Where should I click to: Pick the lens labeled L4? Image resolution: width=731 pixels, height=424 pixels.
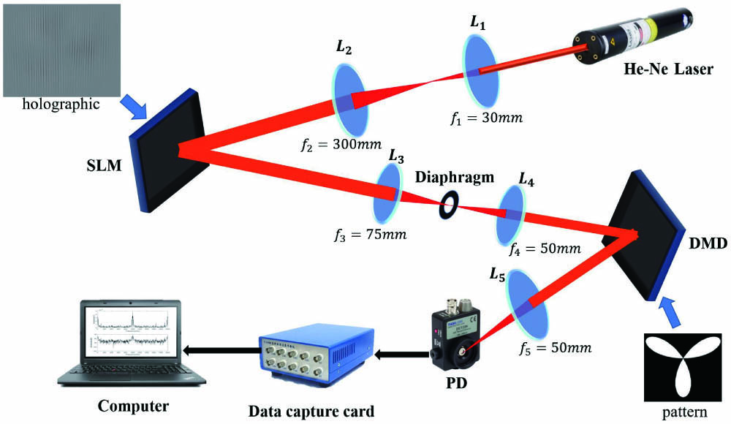click(x=511, y=214)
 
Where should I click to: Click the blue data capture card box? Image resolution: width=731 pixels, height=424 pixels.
click(x=311, y=355)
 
